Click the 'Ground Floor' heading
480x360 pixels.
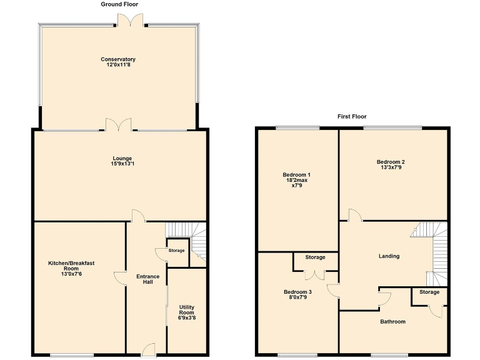[119, 4]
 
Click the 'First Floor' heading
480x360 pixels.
[352, 116]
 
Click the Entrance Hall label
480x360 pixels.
[147, 279]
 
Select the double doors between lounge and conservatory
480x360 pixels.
[119, 125]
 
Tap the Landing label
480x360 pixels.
[389, 256]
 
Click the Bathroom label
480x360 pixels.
[392, 322]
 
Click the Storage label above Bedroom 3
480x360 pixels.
[315, 257]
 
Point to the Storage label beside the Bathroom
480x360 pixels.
[429, 292]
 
